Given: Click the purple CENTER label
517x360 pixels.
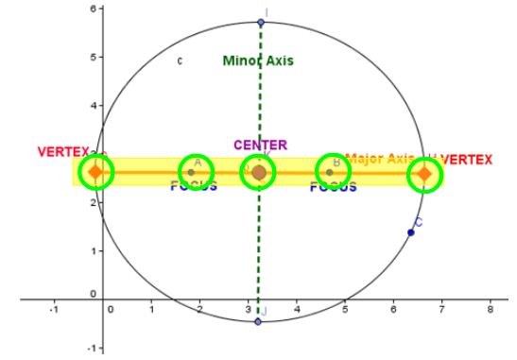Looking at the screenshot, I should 260,145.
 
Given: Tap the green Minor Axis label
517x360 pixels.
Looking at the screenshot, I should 258,60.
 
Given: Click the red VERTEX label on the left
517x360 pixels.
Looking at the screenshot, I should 63,152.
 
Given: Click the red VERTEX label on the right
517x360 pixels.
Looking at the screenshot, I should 466,159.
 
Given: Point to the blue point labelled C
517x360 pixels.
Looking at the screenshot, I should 411,232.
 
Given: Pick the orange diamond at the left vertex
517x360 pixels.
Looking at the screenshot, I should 95,172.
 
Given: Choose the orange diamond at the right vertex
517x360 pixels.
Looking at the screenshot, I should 424,174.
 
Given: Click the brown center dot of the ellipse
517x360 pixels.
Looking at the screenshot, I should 259,172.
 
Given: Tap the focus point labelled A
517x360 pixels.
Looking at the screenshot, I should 191,172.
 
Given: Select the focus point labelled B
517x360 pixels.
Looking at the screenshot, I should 329,172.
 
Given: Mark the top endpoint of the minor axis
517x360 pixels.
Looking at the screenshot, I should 261,22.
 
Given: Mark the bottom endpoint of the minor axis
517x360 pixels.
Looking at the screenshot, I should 258,322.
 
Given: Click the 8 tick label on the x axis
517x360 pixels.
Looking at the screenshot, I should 489,309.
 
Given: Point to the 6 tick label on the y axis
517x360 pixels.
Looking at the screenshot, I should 91,9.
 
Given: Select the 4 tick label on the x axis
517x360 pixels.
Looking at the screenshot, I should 297,309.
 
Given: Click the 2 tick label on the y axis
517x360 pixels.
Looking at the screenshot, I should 91,202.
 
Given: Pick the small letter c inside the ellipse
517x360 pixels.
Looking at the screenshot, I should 180,61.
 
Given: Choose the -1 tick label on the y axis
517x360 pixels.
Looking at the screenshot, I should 89,348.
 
